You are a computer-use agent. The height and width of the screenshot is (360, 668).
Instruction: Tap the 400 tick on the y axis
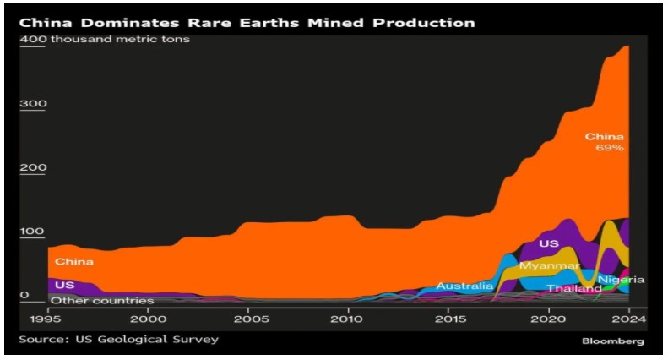point(32,40)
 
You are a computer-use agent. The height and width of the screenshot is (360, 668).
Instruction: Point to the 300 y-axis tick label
point(32,104)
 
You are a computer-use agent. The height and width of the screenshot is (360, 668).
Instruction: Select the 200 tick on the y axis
point(32,167)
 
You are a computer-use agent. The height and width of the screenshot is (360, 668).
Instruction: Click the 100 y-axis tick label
point(32,232)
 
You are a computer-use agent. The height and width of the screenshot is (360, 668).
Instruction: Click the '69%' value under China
point(609,149)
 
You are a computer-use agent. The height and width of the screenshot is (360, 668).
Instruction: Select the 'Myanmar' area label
point(549,266)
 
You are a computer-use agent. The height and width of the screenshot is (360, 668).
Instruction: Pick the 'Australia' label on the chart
point(464,286)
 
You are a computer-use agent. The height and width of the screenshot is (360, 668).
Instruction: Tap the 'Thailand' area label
point(573,288)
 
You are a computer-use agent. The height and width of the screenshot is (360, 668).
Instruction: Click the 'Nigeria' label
point(621,280)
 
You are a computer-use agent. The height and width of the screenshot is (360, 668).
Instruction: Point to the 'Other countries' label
point(102,300)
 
